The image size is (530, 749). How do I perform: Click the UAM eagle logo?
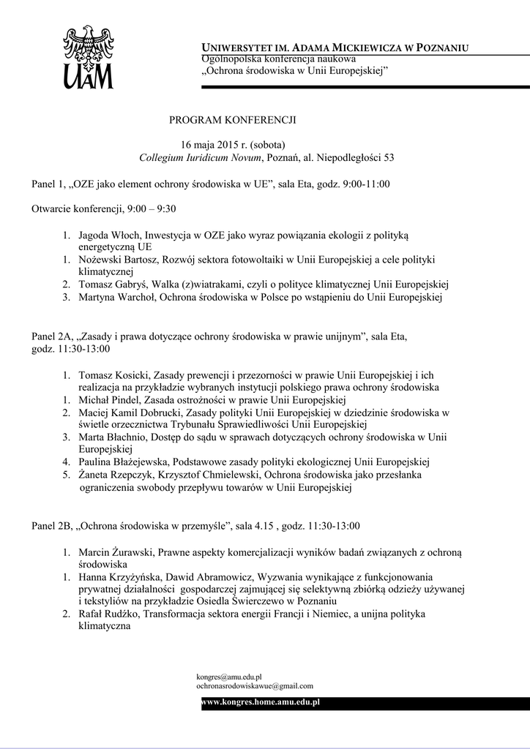[x=89, y=56]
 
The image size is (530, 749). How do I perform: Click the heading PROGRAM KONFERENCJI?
[x=233, y=118]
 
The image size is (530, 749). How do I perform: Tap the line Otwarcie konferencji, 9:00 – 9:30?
[x=103, y=208]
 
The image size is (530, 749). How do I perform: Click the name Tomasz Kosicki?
[x=111, y=374]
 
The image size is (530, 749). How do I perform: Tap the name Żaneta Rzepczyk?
[x=113, y=475]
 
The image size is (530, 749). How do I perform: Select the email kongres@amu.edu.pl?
[x=229, y=677]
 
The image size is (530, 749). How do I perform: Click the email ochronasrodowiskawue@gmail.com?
[x=255, y=686]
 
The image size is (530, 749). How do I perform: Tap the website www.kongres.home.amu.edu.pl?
[x=261, y=702]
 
